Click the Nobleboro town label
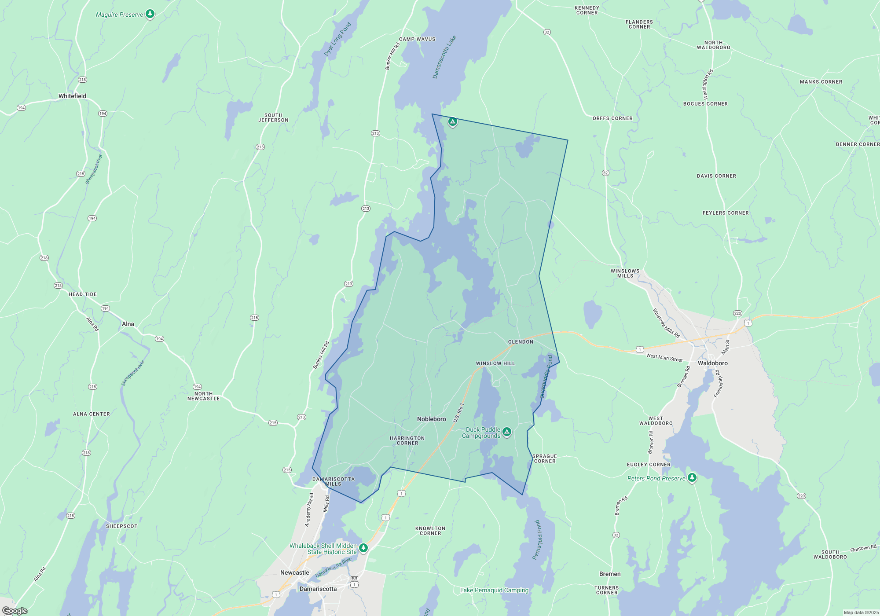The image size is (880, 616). click(x=431, y=419)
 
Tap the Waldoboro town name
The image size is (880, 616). click(x=712, y=363)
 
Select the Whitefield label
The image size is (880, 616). click(x=72, y=96)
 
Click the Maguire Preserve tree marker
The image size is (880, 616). click(x=150, y=14)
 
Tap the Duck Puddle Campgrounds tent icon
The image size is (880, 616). click(x=507, y=432)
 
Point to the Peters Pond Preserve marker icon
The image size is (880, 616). click(x=692, y=477)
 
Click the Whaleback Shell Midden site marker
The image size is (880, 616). click(x=363, y=548)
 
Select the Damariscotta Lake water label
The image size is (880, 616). click(x=444, y=57)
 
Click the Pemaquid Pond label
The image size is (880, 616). click(x=537, y=539)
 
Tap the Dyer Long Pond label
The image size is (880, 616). click(x=337, y=39)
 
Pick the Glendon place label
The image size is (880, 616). click(x=521, y=342)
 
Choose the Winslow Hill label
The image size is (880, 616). click(x=495, y=363)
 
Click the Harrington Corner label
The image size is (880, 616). click(x=407, y=440)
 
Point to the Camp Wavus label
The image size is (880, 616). click(x=417, y=39)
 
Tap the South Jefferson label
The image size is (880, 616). click(x=273, y=117)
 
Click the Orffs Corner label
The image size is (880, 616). click(x=612, y=118)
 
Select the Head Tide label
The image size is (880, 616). click(x=82, y=294)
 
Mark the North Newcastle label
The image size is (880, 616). click(x=203, y=396)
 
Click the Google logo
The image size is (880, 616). click(x=15, y=611)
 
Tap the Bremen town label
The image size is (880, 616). click(x=610, y=574)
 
